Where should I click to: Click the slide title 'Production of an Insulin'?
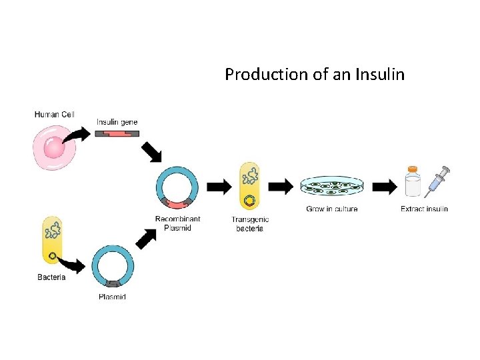(x=314, y=74)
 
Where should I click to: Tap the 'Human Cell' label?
(x=54, y=115)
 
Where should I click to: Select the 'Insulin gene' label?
(x=117, y=122)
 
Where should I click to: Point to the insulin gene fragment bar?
(x=117, y=134)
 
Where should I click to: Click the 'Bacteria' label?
(x=51, y=277)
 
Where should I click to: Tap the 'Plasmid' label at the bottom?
(x=112, y=297)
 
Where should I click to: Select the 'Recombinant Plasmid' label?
(x=177, y=223)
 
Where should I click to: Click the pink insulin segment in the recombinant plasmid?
(x=177, y=203)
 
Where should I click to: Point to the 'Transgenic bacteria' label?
(x=250, y=224)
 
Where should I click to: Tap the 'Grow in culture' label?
(x=331, y=209)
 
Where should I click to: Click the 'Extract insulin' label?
(x=424, y=209)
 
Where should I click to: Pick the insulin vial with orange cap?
(x=413, y=182)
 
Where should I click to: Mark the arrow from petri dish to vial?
(x=384, y=187)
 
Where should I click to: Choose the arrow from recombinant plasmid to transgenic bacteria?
(x=218, y=187)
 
